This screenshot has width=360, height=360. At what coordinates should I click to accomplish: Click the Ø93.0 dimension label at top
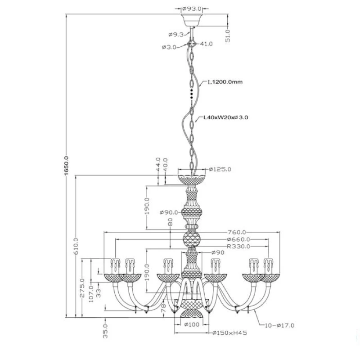[x=192, y=9]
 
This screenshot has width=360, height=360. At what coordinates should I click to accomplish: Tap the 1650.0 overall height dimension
[x=67, y=166]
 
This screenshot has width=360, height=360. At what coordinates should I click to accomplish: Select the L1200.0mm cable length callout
[x=225, y=82]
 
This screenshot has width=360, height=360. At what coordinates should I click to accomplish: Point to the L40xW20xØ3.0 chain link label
[x=226, y=117]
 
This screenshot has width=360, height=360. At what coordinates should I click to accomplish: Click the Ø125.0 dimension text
[x=220, y=170]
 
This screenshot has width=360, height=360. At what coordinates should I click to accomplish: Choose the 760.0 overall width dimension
[x=237, y=232]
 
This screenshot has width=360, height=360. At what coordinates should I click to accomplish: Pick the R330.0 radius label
[x=238, y=247]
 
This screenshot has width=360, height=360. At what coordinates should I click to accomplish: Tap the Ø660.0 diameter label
[x=238, y=239]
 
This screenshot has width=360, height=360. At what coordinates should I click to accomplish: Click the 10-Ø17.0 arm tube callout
[x=279, y=325]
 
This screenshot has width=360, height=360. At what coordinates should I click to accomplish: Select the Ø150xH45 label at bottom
[x=229, y=333]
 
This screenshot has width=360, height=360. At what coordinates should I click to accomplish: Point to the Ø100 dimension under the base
[x=192, y=324]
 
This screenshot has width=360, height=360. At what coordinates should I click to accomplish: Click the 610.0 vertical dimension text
[x=76, y=246]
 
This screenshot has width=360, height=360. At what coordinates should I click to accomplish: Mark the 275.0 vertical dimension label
[x=82, y=288]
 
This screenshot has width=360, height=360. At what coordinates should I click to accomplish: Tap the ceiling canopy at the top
[x=192, y=20]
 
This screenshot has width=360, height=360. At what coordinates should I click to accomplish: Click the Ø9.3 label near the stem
[x=176, y=35]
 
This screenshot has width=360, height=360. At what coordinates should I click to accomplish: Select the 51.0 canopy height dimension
[x=228, y=36]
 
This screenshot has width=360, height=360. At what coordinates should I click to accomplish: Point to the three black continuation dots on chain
[x=192, y=94]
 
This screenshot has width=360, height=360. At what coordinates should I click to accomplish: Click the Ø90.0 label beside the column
[x=169, y=212]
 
